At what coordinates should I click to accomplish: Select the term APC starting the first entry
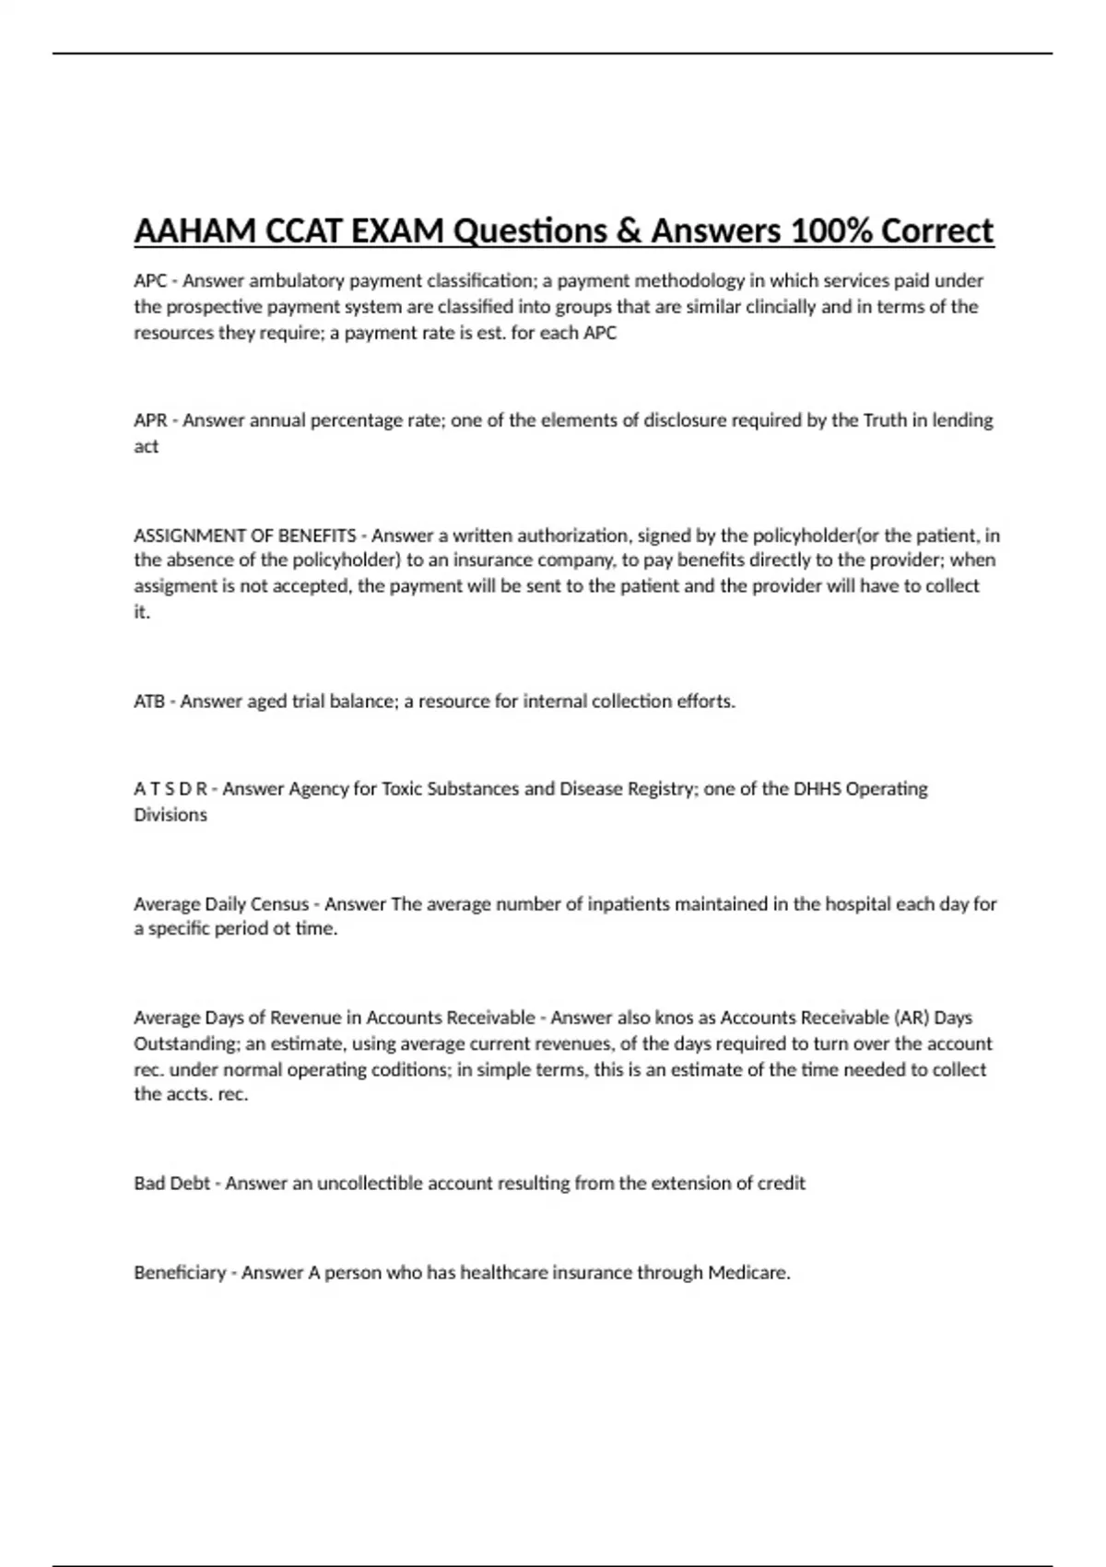tap(150, 281)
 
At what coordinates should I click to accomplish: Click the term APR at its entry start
tap(150, 420)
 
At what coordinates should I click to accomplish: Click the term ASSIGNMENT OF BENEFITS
tap(245, 536)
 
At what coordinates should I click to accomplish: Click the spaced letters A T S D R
tap(171, 789)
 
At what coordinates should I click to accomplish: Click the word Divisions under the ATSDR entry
tap(171, 815)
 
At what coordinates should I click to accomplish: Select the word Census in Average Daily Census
tap(279, 904)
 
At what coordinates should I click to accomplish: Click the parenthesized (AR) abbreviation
tap(910, 1018)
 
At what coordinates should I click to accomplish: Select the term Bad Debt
tap(172, 1184)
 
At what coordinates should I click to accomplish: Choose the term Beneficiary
tap(180, 1273)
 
